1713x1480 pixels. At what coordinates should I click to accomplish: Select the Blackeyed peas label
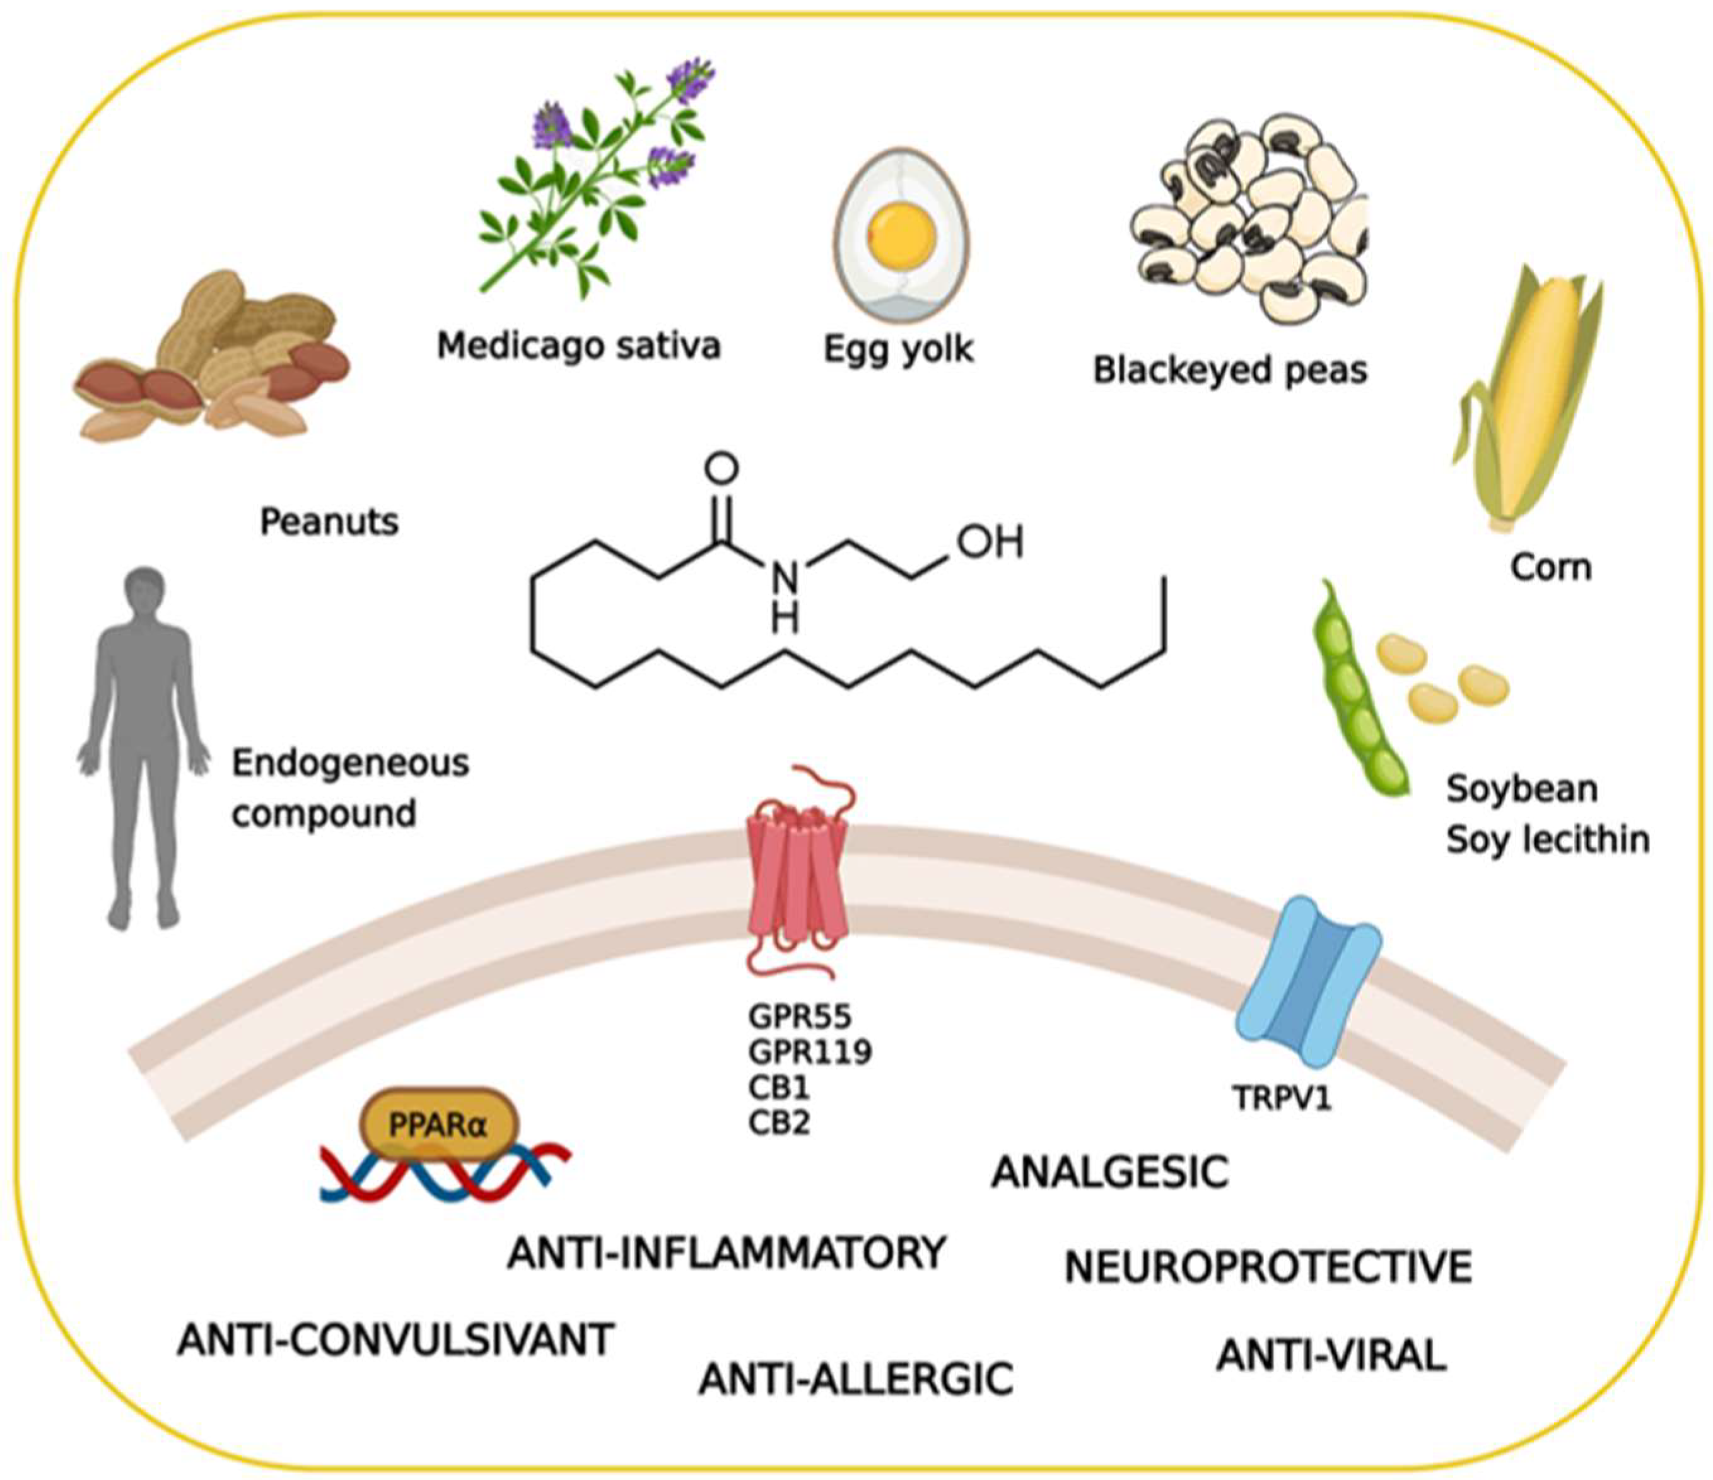pos(1230,370)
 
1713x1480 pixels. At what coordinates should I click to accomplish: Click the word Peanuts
pos(329,521)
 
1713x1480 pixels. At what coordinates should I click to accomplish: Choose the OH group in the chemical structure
pos(990,542)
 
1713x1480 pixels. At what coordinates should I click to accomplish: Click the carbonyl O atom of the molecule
pos(721,469)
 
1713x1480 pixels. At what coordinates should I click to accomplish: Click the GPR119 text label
pos(810,1052)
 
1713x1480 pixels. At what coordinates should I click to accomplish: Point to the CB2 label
pos(779,1123)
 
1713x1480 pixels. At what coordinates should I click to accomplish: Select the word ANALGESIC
pos(1109,1172)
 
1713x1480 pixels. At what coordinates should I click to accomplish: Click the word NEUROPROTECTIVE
pos(1267,1267)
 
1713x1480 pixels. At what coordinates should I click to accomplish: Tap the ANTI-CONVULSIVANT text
pos(395,1340)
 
